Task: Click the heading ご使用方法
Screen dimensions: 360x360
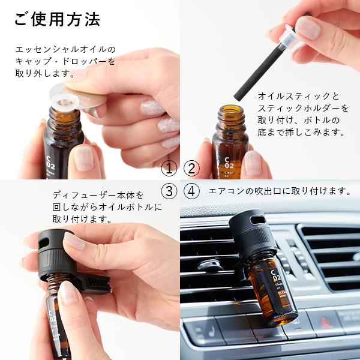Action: [x=56, y=19]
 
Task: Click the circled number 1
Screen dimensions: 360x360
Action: [x=170, y=169]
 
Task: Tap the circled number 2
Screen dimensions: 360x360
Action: [x=191, y=169]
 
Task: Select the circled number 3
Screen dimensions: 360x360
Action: [x=170, y=191]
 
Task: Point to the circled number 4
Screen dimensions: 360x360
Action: [x=191, y=191]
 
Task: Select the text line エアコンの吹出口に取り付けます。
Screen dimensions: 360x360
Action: [x=279, y=191]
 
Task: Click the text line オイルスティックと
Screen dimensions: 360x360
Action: [x=298, y=96]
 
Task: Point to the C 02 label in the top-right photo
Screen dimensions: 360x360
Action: [x=229, y=159]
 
